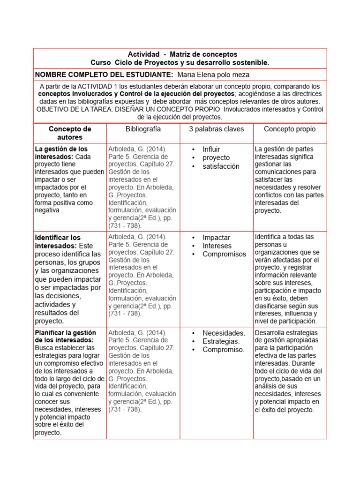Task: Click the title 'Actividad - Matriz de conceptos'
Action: tap(182, 54)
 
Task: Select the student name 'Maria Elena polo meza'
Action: tap(214, 75)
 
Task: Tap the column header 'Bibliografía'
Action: tap(143, 129)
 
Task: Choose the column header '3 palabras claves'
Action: tap(216, 129)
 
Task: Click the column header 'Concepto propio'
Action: tap(290, 129)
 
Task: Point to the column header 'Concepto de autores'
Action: tap(70, 133)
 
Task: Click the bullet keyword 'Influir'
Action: tap(211, 150)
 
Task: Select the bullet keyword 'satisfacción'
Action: tap(221, 166)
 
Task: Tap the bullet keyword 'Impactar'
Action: tap(216, 238)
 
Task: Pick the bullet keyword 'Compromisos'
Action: tap(224, 255)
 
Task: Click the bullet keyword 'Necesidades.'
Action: tap(224, 333)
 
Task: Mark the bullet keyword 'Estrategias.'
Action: tap(221, 341)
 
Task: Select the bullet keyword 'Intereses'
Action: tap(217, 246)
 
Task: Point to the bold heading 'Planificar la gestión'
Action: tap(65, 332)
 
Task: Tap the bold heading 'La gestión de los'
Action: tap(61, 149)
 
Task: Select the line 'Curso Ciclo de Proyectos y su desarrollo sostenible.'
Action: tap(180, 62)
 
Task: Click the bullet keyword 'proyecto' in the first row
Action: tap(216, 158)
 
